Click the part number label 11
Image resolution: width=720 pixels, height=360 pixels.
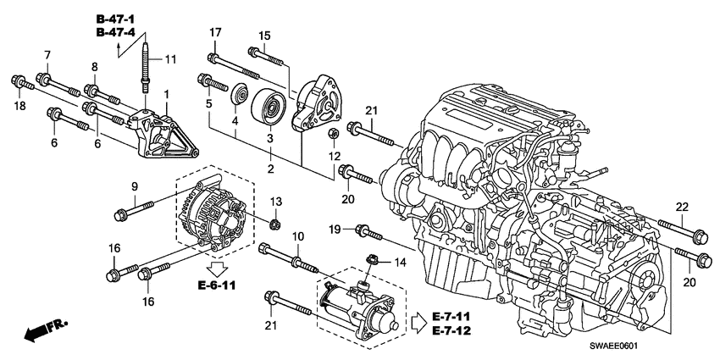click(x=170, y=59)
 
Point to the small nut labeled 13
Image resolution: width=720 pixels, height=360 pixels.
click(x=275, y=224)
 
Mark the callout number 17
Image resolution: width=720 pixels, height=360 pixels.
click(x=215, y=33)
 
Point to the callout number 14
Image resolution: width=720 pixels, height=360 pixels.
click(x=402, y=263)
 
